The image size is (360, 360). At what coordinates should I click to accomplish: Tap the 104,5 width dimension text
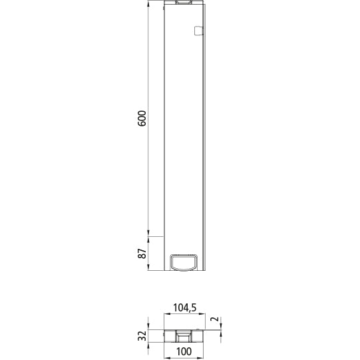click(184, 307)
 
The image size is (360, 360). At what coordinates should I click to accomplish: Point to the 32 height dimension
click(142, 335)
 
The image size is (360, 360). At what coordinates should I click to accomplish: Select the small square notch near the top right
click(197, 30)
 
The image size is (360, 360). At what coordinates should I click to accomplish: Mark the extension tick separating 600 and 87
click(153, 237)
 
